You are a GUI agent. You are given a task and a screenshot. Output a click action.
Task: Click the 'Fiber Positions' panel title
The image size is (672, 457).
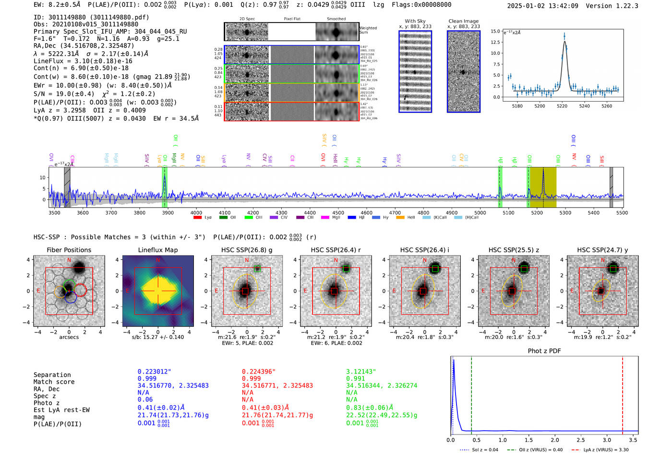coord(69,250)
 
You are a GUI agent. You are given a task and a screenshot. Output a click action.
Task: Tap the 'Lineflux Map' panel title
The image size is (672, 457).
coord(158,250)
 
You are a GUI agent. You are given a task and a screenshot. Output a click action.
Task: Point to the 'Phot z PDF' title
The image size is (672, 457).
coord(544,351)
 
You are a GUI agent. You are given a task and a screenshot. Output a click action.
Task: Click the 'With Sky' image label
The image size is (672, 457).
coord(415,21)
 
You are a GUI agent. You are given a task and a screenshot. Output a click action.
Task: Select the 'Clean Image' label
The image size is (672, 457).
coord(463,21)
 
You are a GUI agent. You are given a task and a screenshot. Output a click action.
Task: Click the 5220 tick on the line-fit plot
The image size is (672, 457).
coord(562,106)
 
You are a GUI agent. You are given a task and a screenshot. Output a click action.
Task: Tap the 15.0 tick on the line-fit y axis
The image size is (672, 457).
coord(495,31)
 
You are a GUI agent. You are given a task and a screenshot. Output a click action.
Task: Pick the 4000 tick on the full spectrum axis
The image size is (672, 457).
coord(196,213)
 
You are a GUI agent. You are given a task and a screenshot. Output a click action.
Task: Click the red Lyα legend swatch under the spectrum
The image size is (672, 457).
coord(197,218)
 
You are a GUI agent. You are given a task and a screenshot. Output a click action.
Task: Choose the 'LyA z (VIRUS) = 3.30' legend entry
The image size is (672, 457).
coord(600,450)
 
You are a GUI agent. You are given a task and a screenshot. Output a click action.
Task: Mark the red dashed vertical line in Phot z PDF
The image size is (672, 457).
coord(623,393)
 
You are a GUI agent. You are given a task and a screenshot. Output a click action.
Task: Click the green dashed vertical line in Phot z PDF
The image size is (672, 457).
coord(471,393)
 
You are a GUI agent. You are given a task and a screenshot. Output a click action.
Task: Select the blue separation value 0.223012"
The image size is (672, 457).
coord(154,372)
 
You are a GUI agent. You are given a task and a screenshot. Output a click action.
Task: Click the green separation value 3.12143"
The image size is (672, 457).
coord(361,372)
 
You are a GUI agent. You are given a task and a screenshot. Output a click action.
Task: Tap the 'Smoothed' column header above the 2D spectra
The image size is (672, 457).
coord(336,19)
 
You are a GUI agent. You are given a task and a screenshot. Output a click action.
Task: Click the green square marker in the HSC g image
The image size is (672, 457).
coord(258,269)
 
